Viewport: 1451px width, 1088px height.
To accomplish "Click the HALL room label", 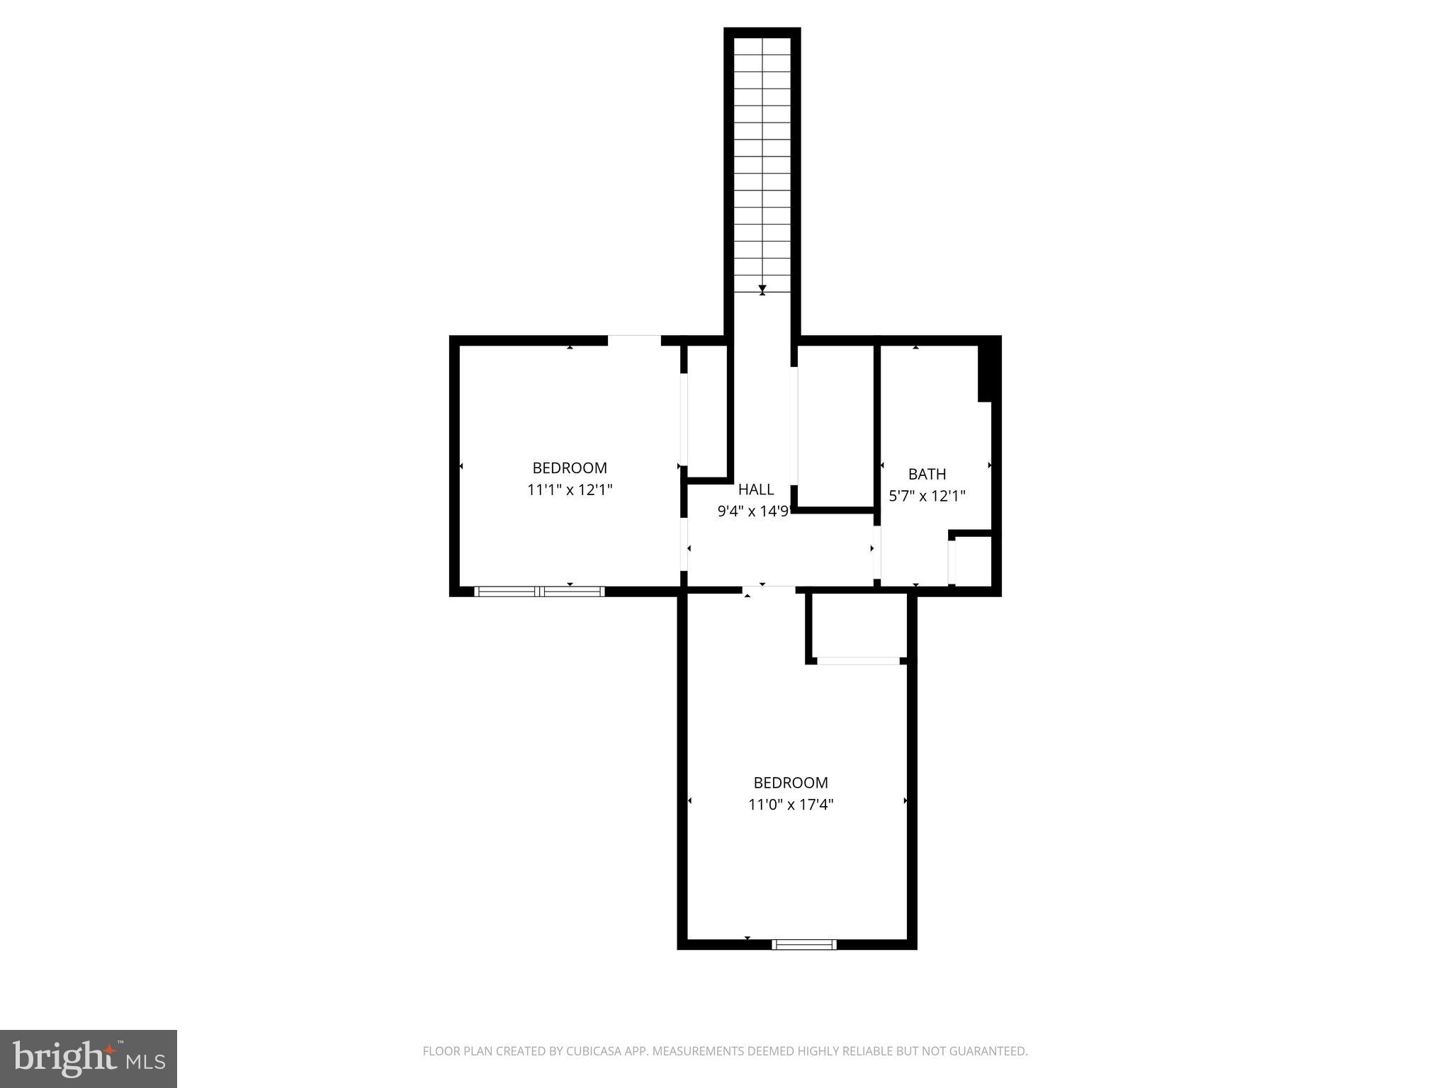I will click(x=755, y=489).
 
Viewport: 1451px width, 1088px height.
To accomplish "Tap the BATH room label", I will click(x=927, y=474).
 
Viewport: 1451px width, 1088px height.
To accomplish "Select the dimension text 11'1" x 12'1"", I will click(x=570, y=489).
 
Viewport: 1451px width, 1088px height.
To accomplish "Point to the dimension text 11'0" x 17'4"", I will click(x=791, y=805).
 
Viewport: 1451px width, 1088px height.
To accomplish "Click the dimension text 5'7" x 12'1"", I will click(x=927, y=496).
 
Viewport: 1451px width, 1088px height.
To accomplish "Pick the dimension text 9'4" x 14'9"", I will click(x=752, y=511).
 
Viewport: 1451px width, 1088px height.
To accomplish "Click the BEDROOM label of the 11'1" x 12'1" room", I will click(x=570, y=467).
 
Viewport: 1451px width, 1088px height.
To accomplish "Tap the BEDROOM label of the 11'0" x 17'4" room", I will click(x=791, y=783).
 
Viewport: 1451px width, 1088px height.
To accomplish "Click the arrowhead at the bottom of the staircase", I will click(x=762, y=289).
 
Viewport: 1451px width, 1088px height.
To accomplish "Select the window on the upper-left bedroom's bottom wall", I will click(x=539, y=591).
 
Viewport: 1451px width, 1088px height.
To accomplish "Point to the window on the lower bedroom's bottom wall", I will click(x=804, y=944).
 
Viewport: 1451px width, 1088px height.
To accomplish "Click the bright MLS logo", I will click(x=89, y=1058).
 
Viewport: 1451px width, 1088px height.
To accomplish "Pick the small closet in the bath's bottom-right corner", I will click(x=973, y=561).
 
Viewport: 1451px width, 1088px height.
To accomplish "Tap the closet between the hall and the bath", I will click(x=835, y=425).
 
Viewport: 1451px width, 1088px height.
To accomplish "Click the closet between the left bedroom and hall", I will click(x=707, y=411).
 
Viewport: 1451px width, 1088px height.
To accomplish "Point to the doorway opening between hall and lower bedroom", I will click(x=769, y=589).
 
